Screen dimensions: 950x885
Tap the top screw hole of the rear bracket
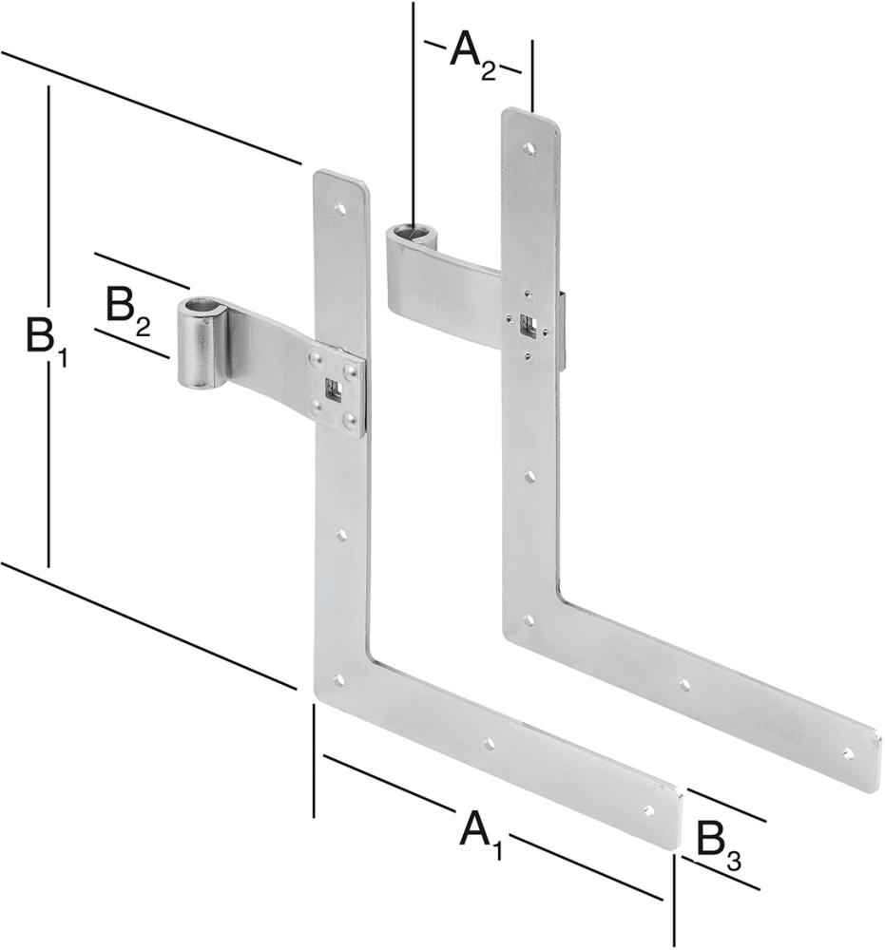pos(529,148)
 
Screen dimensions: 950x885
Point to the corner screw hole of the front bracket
pos(337,680)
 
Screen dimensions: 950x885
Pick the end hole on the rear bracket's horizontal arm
pos(848,753)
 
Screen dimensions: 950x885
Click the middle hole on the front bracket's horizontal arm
pos(490,745)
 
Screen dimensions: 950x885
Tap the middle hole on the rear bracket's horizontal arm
pos(684,684)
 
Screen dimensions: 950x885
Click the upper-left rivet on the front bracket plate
pos(315,358)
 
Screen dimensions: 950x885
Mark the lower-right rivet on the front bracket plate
pos(350,417)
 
